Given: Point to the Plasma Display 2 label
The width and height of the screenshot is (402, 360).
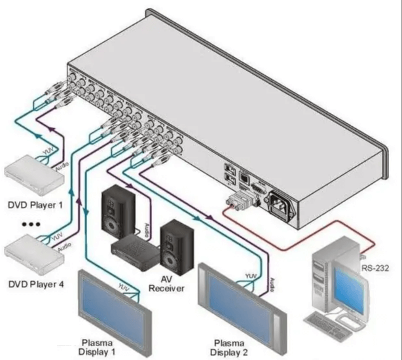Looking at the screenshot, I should [235, 347].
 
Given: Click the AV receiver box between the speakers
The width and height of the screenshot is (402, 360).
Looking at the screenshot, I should [135, 250].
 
